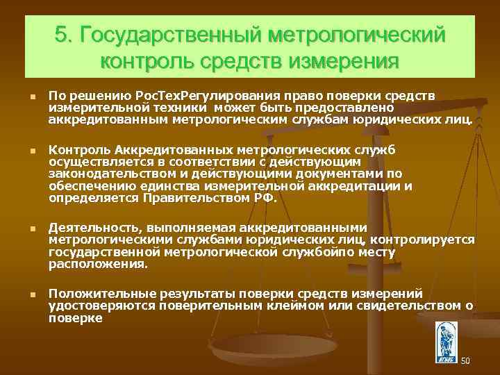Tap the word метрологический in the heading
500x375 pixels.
click(356, 35)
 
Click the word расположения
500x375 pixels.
click(98, 265)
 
